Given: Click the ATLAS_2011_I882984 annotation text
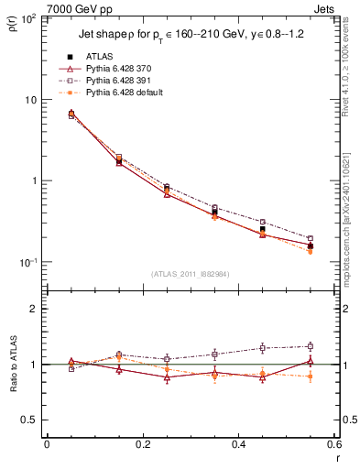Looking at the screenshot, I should pos(190,274).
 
